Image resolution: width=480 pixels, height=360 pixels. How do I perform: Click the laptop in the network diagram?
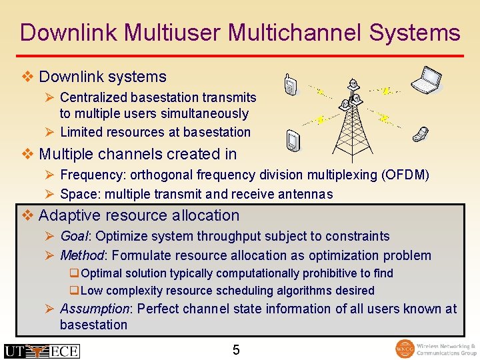pyautogui.click(x=427, y=81)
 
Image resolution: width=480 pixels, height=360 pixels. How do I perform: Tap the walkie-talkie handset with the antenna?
pyautogui.click(x=290, y=85)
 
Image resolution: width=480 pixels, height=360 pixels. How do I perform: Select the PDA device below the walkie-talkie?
pyautogui.click(x=291, y=141)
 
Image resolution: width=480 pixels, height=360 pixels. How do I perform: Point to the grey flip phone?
pyautogui.click(x=420, y=133)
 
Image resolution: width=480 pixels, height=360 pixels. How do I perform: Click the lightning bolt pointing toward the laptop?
pyautogui.click(x=387, y=89)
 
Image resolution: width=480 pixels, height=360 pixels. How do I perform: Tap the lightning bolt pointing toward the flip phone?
pyautogui.click(x=383, y=118)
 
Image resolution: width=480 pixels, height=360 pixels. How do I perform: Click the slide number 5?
pyautogui.click(x=236, y=349)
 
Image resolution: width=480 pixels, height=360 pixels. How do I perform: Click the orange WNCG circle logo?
pyautogui.click(x=405, y=349)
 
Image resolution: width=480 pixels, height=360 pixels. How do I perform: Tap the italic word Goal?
pyautogui.click(x=74, y=236)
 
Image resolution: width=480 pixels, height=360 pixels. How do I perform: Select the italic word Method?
pyautogui.click(x=82, y=255)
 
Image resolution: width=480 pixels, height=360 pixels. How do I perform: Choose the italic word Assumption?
pyautogui.click(x=94, y=309)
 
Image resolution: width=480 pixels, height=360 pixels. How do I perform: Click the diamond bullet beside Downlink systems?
pyautogui.click(x=27, y=77)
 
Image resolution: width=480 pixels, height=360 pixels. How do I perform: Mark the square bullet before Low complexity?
pyautogui.click(x=74, y=291)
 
